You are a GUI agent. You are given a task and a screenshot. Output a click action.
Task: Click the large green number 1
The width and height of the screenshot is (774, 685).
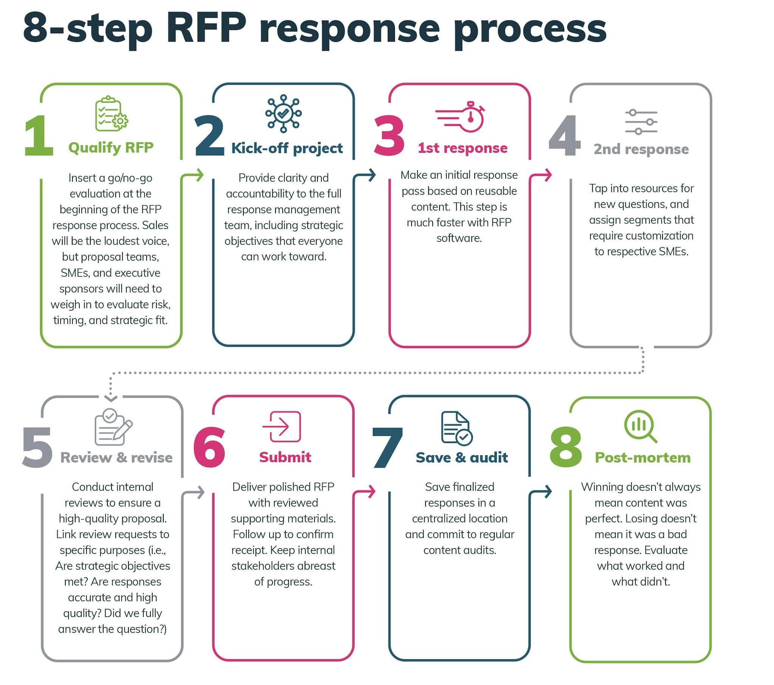pos(39,136)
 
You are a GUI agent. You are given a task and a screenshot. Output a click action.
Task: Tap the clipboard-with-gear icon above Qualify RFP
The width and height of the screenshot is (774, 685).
pos(111,114)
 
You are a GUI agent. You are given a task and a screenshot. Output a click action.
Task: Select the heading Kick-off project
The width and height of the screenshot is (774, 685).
pos(286,148)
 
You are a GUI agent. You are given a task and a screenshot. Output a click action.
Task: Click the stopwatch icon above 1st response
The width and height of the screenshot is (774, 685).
pos(461,117)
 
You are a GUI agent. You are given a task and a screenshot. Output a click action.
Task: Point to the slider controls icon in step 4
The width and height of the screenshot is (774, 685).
pos(641,122)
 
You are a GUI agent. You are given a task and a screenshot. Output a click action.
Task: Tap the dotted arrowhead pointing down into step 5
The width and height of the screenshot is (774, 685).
pos(111,398)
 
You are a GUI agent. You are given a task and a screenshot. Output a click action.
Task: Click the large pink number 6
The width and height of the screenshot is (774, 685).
pos(209,447)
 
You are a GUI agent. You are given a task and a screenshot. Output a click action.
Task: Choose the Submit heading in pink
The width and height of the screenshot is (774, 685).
pos(285,457)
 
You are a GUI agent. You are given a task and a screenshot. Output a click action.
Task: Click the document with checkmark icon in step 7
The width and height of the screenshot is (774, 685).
pos(456,428)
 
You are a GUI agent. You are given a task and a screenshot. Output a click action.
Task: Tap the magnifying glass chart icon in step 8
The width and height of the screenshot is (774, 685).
pos(640,426)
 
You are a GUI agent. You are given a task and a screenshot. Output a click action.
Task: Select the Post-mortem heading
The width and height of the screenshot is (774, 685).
pos(642,458)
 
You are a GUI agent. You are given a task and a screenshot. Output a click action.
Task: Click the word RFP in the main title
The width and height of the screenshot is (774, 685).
pos(206,27)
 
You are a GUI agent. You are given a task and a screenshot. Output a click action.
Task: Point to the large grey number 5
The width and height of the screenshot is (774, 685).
pos(37,448)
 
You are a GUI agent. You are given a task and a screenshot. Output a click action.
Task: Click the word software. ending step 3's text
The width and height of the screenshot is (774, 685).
pos(458,238)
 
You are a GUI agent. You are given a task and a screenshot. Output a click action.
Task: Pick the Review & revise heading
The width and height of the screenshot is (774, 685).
pos(116,458)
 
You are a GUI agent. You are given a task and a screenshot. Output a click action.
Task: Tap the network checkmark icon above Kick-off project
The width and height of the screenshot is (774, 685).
pos(283,113)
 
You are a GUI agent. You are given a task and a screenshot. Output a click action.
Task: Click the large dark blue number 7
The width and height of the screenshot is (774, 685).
pos(387,448)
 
